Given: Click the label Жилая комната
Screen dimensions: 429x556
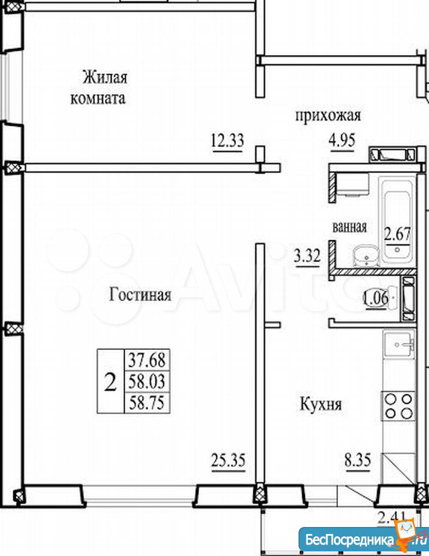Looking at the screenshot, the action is point(99,87).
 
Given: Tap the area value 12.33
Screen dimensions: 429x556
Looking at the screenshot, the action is point(227,140).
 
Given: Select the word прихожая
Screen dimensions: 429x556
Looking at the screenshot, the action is point(328,116).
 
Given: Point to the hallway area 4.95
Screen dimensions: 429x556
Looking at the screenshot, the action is point(342,140).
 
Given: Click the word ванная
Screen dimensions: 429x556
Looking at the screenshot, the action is point(350,226).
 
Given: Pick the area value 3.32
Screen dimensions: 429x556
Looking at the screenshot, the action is point(307,255).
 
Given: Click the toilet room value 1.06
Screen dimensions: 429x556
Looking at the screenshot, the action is point(376,298).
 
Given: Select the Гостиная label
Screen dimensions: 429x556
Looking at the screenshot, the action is point(140,294).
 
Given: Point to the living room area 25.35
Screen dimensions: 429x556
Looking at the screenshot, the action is point(228,461).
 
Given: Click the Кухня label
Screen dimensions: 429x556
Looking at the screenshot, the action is point(321,404).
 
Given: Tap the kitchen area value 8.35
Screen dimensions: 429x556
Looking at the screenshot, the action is point(358,460).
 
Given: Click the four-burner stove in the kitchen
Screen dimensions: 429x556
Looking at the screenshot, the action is point(398,406).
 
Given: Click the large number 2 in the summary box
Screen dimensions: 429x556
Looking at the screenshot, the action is point(110,382).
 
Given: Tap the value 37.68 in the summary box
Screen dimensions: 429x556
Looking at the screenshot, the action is point(147,360).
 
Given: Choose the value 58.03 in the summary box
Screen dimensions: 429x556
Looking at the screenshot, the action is point(147,382).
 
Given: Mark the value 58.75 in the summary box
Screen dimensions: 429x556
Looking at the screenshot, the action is point(147,403).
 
